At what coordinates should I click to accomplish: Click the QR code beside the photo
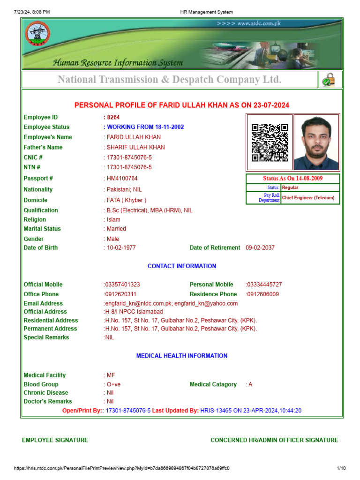270,142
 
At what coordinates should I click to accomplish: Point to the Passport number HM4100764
121,179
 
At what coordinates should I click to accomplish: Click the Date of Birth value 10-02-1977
121,247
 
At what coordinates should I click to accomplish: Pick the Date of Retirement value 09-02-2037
260,247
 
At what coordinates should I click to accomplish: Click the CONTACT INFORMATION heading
182,266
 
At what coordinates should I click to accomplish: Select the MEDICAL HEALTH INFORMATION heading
182,356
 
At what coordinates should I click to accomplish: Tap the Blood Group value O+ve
113,384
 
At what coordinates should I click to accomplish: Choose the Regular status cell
290,187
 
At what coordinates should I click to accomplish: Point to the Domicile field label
36,200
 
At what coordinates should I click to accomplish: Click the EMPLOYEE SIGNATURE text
55,440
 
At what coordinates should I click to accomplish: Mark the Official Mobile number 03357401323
122,285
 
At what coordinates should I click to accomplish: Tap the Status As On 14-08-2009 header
292,179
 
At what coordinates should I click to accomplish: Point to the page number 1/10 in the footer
341,468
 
